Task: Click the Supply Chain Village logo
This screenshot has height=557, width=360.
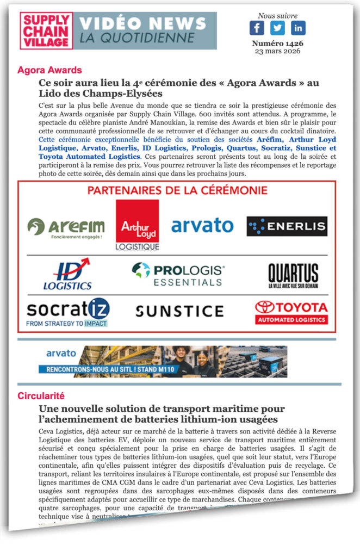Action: click(x=46, y=30)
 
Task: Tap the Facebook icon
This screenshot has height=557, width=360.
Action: click(x=257, y=28)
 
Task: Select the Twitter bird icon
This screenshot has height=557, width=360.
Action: click(x=277, y=28)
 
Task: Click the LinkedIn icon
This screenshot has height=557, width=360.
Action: click(x=298, y=28)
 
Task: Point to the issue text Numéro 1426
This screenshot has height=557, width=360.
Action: click(x=277, y=43)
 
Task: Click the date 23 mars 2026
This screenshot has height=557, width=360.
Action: click(x=277, y=51)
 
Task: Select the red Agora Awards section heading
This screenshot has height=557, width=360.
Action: click(x=49, y=70)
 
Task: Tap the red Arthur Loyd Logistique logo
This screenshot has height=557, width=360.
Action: click(x=138, y=225)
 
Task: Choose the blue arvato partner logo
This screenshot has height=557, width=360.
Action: click(x=202, y=225)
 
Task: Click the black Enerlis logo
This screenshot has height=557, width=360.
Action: click(x=287, y=226)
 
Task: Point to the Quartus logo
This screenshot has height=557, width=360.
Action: click(x=293, y=275)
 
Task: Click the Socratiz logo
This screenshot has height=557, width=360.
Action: click(x=68, y=312)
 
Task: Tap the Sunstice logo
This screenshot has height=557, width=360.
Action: click(x=179, y=311)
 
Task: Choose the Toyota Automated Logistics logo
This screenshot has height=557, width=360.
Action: click(x=291, y=312)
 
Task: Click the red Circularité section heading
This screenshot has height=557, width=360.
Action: click(x=41, y=395)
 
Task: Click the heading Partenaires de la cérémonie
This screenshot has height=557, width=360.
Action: click(x=177, y=190)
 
